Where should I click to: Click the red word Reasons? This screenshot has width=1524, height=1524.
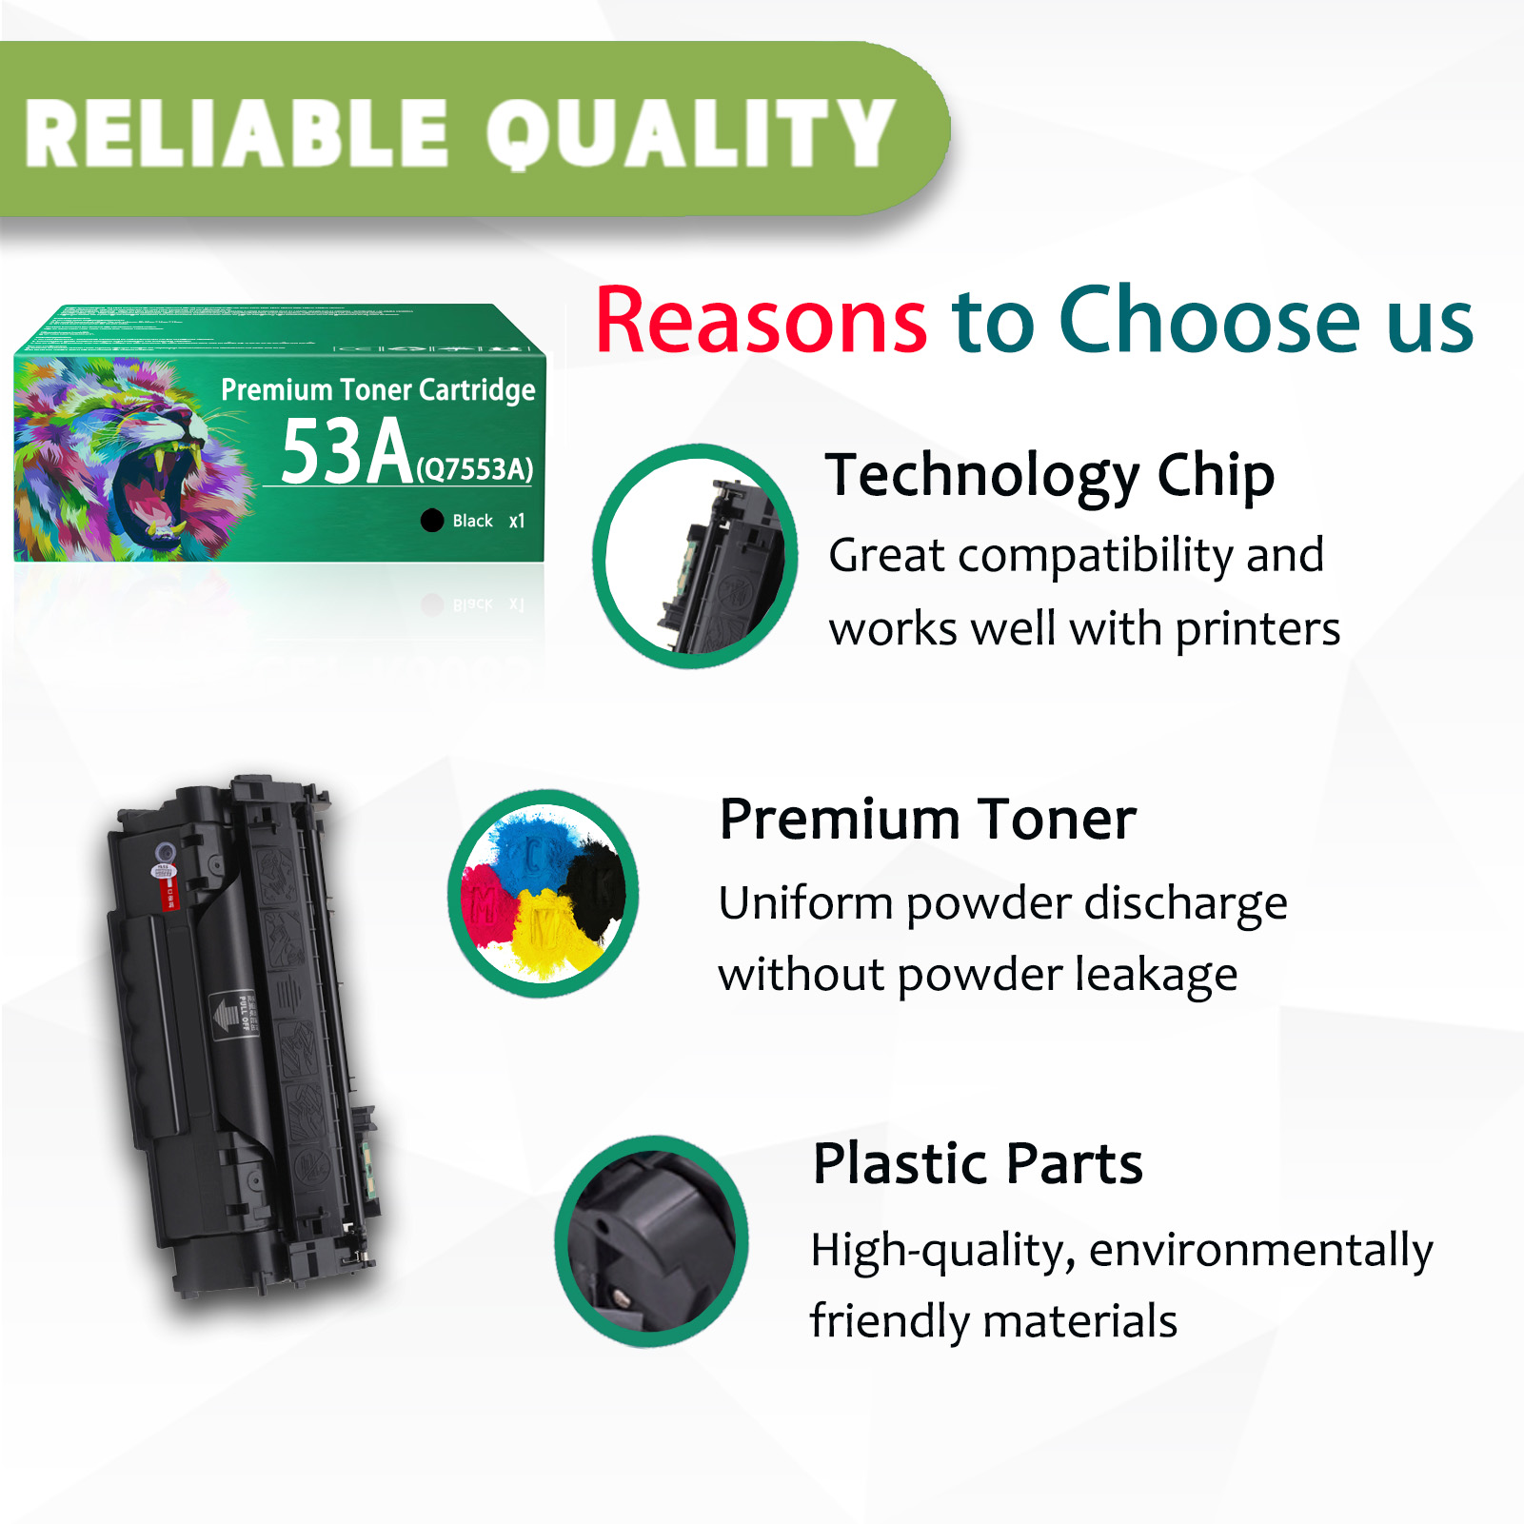click(x=761, y=321)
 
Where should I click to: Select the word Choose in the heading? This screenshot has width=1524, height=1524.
click(x=1210, y=321)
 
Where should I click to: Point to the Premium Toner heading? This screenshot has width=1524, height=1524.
click(x=927, y=820)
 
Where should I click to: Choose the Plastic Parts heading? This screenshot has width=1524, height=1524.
click(x=978, y=1163)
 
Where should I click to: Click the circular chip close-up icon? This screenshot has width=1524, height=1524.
click(x=696, y=557)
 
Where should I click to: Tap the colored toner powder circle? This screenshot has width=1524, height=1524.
click(x=544, y=893)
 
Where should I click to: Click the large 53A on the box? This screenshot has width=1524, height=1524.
click(x=346, y=452)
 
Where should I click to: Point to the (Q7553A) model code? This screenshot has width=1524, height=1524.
click(x=475, y=468)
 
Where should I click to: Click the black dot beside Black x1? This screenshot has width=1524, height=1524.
click(x=432, y=521)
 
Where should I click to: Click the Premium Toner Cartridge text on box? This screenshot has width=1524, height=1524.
click(x=378, y=389)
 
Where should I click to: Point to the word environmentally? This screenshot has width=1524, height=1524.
click(x=1260, y=1250)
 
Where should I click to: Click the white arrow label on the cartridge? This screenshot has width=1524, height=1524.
click(x=228, y=1014)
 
